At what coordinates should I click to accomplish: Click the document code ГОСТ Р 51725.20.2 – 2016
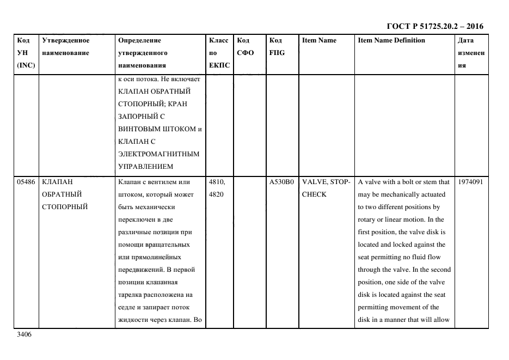[x=434, y=26]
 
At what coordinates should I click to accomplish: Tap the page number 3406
[x=24, y=334]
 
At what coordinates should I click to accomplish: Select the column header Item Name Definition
[x=391, y=40]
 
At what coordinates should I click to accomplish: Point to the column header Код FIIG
[x=277, y=47]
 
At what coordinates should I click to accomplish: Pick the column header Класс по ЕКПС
[x=219, y=53]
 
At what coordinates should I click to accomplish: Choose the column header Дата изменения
[x=471, y=53]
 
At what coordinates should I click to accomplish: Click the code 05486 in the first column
[x=26, y=182]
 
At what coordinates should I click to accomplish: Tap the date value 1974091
[x=470, y=182]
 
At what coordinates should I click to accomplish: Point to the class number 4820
[x=216, y=194]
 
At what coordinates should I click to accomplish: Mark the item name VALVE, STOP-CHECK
[x=326, y=188]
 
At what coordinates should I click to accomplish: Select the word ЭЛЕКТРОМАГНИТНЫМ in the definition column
[x=159, y=154]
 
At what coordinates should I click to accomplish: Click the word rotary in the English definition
[x=368, y=219]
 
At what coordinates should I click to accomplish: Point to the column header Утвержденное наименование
[x=65, y=47]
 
